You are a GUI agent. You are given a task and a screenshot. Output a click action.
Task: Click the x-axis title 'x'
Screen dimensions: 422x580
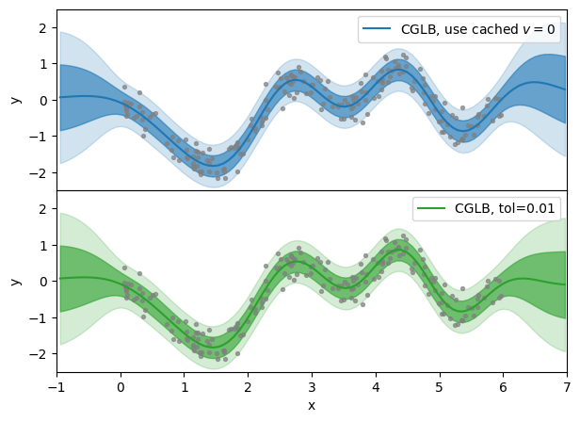tap(312, 405)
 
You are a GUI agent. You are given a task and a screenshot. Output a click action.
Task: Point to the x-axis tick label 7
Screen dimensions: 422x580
tap(567, 386)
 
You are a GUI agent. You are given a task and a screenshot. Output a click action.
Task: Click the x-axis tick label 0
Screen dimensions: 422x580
tap(121, 386)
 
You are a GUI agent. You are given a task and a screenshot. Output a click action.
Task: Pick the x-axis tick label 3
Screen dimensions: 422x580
tap(312, 386)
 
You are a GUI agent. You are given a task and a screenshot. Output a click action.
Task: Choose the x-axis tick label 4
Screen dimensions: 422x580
tap(376, 386)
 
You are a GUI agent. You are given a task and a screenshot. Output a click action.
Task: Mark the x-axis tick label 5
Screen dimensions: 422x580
tap(440, 386)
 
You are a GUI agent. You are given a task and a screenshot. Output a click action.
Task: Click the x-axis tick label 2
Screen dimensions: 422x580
tap(248, 386)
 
